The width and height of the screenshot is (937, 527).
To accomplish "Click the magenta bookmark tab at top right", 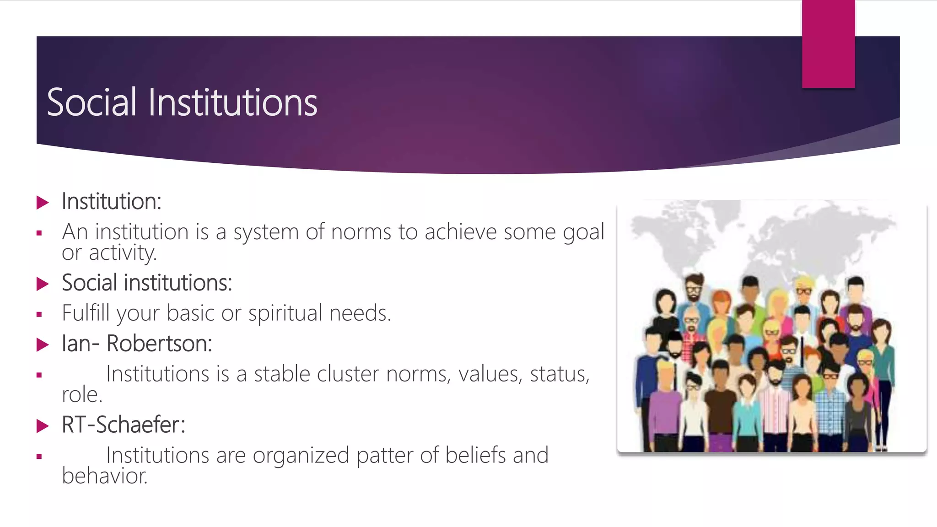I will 828,44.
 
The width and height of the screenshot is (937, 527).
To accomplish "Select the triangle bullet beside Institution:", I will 43,202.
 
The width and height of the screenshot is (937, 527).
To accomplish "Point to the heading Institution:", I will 112,202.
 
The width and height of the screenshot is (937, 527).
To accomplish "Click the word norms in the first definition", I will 361,232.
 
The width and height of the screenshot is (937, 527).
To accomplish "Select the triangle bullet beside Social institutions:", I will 43,284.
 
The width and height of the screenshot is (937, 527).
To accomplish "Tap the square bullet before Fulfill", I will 39,315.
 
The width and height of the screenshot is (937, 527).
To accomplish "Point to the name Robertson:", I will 159,344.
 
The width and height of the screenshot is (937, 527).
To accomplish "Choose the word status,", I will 560,374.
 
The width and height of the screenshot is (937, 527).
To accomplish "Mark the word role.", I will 82,395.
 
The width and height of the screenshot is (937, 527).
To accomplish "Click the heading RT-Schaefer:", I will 124,425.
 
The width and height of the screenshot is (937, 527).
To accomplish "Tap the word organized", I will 301,456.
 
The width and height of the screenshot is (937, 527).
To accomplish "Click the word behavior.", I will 105,476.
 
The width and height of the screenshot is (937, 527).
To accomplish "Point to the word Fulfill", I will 86,314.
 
